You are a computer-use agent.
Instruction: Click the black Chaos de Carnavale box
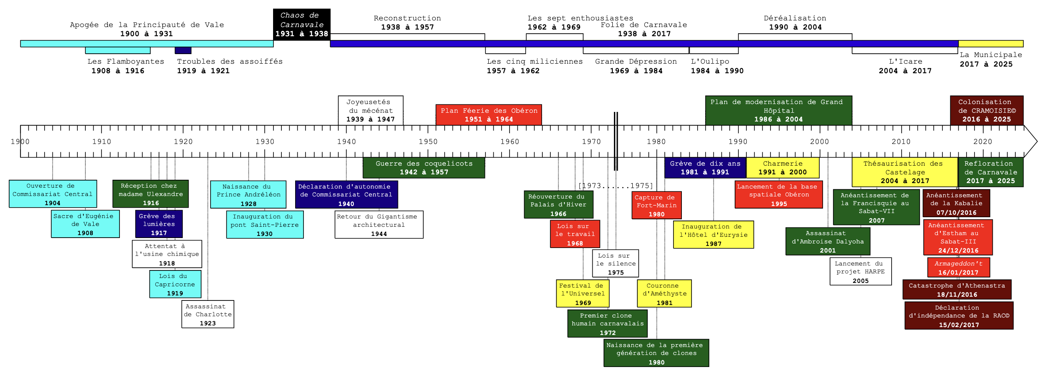pyautogui.click(x=301, y=25)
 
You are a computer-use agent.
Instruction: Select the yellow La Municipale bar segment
pyautogui.click(x=990, y=44)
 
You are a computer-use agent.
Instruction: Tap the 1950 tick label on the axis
pyautogui.click(x=428, y=141)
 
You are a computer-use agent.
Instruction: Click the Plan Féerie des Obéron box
pyautogui.click(x=488, y=115)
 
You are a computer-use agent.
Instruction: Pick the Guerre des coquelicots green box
pyautogui.click(x=423, y=168)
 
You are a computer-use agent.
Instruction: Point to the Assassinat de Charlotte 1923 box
pyautogui.click(x=207, y=314)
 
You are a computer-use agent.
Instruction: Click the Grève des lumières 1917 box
pyautogui.click(x=159, y=224)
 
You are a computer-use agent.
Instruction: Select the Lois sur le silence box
pyautogui.click(x=615, y=263)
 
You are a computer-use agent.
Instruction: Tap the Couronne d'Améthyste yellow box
pyautogui.click(x=664, y=293)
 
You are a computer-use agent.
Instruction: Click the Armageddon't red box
pyautogui.click(x=958, y=268)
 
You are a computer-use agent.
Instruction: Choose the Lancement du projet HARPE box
pyautogui.click(x=860, y=271)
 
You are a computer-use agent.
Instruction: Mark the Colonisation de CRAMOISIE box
pyautogui.click(x=986, y=110)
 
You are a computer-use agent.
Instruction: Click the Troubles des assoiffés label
pyautogui.click(x=229, y=62)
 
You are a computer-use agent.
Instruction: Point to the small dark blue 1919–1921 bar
pyautogui.click(x=183, y=50)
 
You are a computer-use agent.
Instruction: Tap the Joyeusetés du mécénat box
pyautogui.click(x=370, y=110)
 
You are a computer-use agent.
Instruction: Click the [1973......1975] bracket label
pyautogui.click(x=615, y=186)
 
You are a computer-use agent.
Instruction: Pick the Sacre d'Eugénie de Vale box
pyautogui.click(x=85, y=224)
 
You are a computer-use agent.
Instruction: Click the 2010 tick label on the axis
pyautogui.click(x=901, y=141)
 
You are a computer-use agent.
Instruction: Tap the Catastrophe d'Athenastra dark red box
pyautogui.click(x=957, y=290)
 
